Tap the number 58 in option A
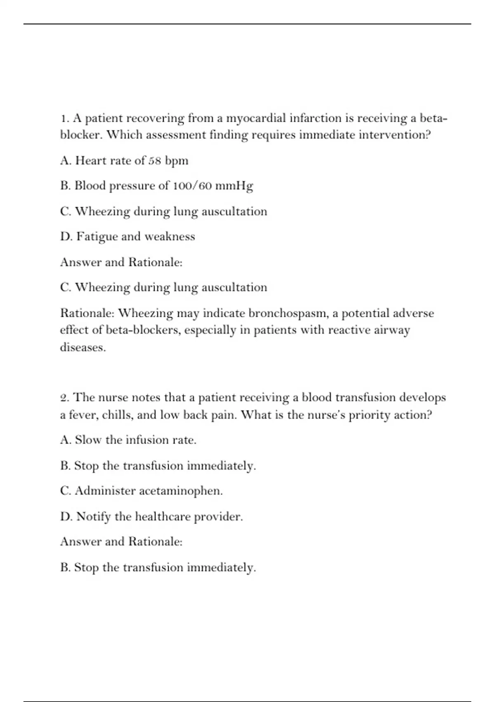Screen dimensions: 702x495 tap(155, 161)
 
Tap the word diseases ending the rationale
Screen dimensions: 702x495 tap(82, 348)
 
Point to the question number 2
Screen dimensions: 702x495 tap(64, 398)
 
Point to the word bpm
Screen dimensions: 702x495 tap(177, 161)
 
